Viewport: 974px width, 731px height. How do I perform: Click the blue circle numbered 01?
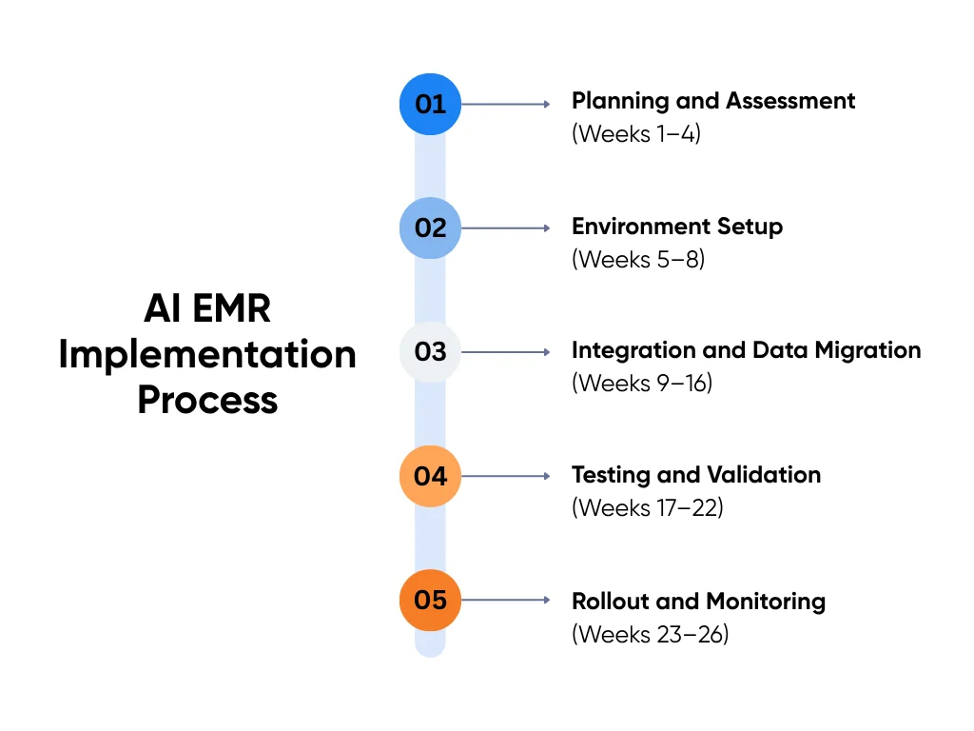pos(430,104)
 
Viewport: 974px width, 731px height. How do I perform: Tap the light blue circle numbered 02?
pos(430,228)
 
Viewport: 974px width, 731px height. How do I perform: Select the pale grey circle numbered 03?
pos(430,352)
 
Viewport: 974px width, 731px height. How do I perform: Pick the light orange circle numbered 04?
pos(430,476)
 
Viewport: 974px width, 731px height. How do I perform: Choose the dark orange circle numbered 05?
pos(430,601)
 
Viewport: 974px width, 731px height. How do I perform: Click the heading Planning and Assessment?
pos(712,101)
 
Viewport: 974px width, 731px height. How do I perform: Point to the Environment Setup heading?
pos(676,227)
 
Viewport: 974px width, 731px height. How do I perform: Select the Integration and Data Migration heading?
pos(746,350)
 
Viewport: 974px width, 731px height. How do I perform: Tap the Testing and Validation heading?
pos(695,475)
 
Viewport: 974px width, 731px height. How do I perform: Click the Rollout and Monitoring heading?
pos(698,602)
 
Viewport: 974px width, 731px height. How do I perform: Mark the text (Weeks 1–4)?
pos(635,134)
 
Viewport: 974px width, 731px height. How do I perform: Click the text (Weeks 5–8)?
pos(637,259)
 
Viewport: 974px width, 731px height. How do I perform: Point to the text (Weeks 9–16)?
pos(641,383)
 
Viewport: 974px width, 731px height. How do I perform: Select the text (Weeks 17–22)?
pos(647,507)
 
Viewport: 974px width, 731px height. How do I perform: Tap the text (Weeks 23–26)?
pos(650,633)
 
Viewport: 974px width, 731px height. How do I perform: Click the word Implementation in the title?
pos(207,355)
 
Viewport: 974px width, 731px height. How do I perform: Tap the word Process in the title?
pos(207,400)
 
